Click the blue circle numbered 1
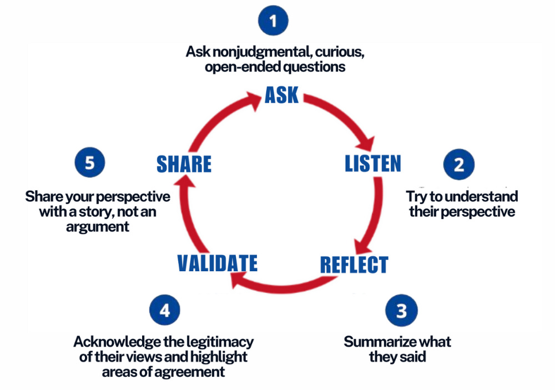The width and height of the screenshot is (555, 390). point(273,21)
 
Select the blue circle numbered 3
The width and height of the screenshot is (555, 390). point(401,311)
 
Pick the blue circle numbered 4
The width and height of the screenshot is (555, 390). point(164,311)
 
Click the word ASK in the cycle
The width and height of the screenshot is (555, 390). point(281,95)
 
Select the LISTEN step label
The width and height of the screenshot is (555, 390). point(372,164)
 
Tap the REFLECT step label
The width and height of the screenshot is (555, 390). point(354,265)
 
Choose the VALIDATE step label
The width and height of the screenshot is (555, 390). point(218,262)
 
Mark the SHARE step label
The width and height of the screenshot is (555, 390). point(184,164)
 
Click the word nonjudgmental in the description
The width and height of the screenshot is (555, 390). point(257,53)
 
